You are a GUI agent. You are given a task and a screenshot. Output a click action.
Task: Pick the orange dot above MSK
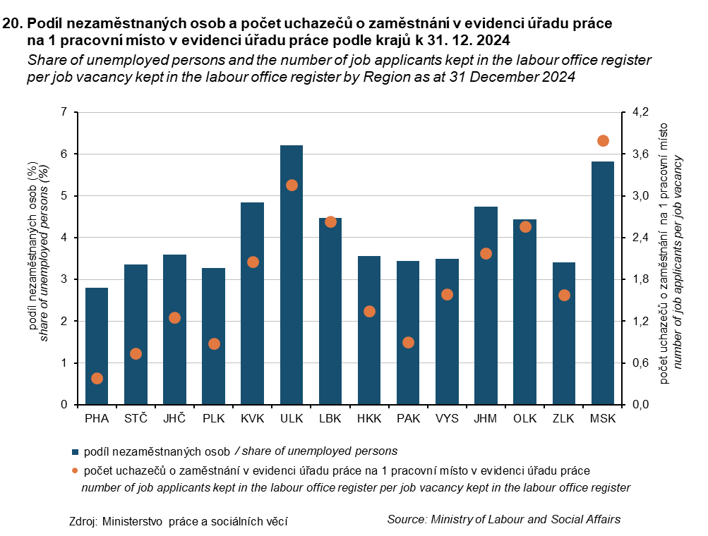click(x=603, y=141)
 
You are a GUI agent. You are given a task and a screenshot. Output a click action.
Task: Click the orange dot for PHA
click(x=97, y=379)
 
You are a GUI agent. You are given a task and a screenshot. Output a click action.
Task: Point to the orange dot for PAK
click(x=408, y=343)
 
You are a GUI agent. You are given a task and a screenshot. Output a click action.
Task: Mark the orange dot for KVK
click(x=253, y=262)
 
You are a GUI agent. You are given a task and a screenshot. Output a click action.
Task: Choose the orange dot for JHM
click(x=486, y=254)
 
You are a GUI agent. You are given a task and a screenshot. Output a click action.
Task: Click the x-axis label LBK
click(x=330, y=419)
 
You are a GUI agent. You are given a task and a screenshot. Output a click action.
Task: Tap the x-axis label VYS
click(x=447, y=419)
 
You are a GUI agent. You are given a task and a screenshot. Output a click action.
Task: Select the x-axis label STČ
click(x=136, y=419)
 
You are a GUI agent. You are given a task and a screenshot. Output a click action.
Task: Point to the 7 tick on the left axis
click(x=65, y=112)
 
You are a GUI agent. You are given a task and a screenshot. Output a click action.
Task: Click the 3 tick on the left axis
click(x=65, y=280)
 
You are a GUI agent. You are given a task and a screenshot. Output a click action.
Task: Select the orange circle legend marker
click(x=74, y=470)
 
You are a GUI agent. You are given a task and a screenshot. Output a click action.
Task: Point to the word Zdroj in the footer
click(x=83, y=522)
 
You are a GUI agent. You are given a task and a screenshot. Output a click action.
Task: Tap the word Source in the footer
click(x=407, y=520)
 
